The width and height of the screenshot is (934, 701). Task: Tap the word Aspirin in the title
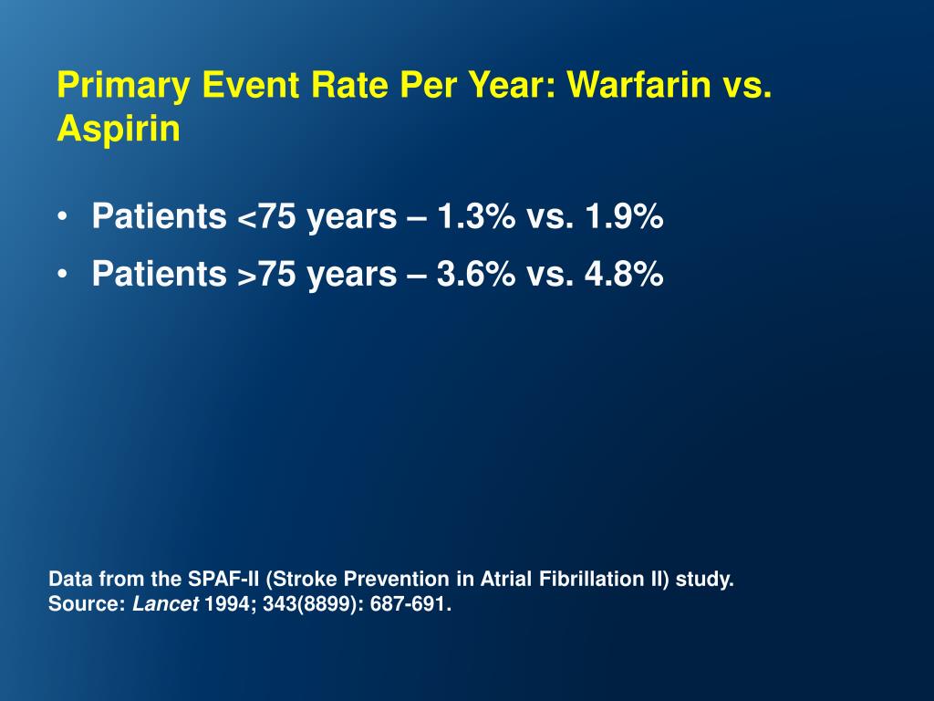coord(119,130)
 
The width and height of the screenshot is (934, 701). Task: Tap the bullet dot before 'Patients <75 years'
coord(61,219)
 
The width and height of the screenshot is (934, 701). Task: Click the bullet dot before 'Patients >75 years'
coord(61,275)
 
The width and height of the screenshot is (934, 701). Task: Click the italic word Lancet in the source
coord(165,603)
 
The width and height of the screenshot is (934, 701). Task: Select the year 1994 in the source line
coord(224,603)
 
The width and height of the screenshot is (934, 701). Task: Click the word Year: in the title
coord(515,86)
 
